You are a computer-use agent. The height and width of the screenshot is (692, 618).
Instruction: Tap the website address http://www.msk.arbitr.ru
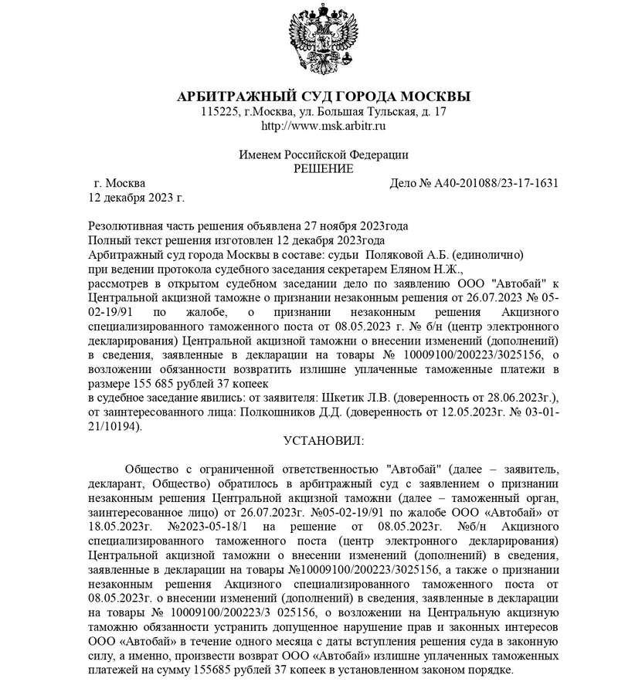[x=324, y=125]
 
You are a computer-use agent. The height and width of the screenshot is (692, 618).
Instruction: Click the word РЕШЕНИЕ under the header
[x=324, y=168]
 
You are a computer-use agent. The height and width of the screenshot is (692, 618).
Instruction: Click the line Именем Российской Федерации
[x=324, y=154]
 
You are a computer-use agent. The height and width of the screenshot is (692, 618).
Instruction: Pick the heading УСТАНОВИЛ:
[x=323, y=441]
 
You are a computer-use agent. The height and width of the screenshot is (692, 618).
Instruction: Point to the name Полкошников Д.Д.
[x=299, y=412]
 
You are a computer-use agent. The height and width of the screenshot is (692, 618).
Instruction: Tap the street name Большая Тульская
[x=366, y=111]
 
